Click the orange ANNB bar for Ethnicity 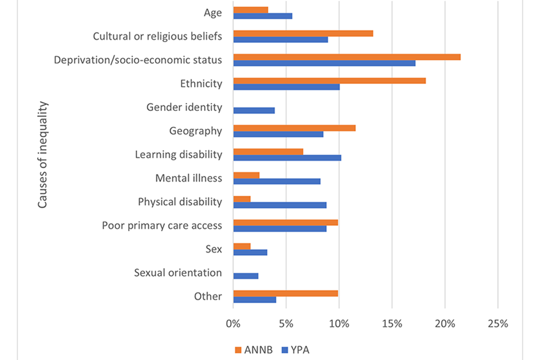click(330, 80)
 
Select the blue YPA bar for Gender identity click(254, 111)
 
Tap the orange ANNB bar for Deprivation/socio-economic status click(347, 57)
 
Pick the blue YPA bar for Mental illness click(277, 181)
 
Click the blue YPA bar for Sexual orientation click(246, 276)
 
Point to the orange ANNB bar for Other click(286, 294)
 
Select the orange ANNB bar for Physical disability click(242, 199)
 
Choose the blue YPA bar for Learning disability click(287, 157)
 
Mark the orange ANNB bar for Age click(251, 10)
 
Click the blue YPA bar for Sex click(250, 253)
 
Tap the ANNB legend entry click(254, 350)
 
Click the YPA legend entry click(295, 350)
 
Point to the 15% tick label click(392, 324)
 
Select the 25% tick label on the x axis click(498, 324)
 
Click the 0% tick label click(233, 324)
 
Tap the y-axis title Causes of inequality click(42, 155)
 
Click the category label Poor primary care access click(162, 226)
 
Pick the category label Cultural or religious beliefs click(157, 37)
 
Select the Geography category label click(196, 131)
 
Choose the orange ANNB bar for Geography click(294, 128)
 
